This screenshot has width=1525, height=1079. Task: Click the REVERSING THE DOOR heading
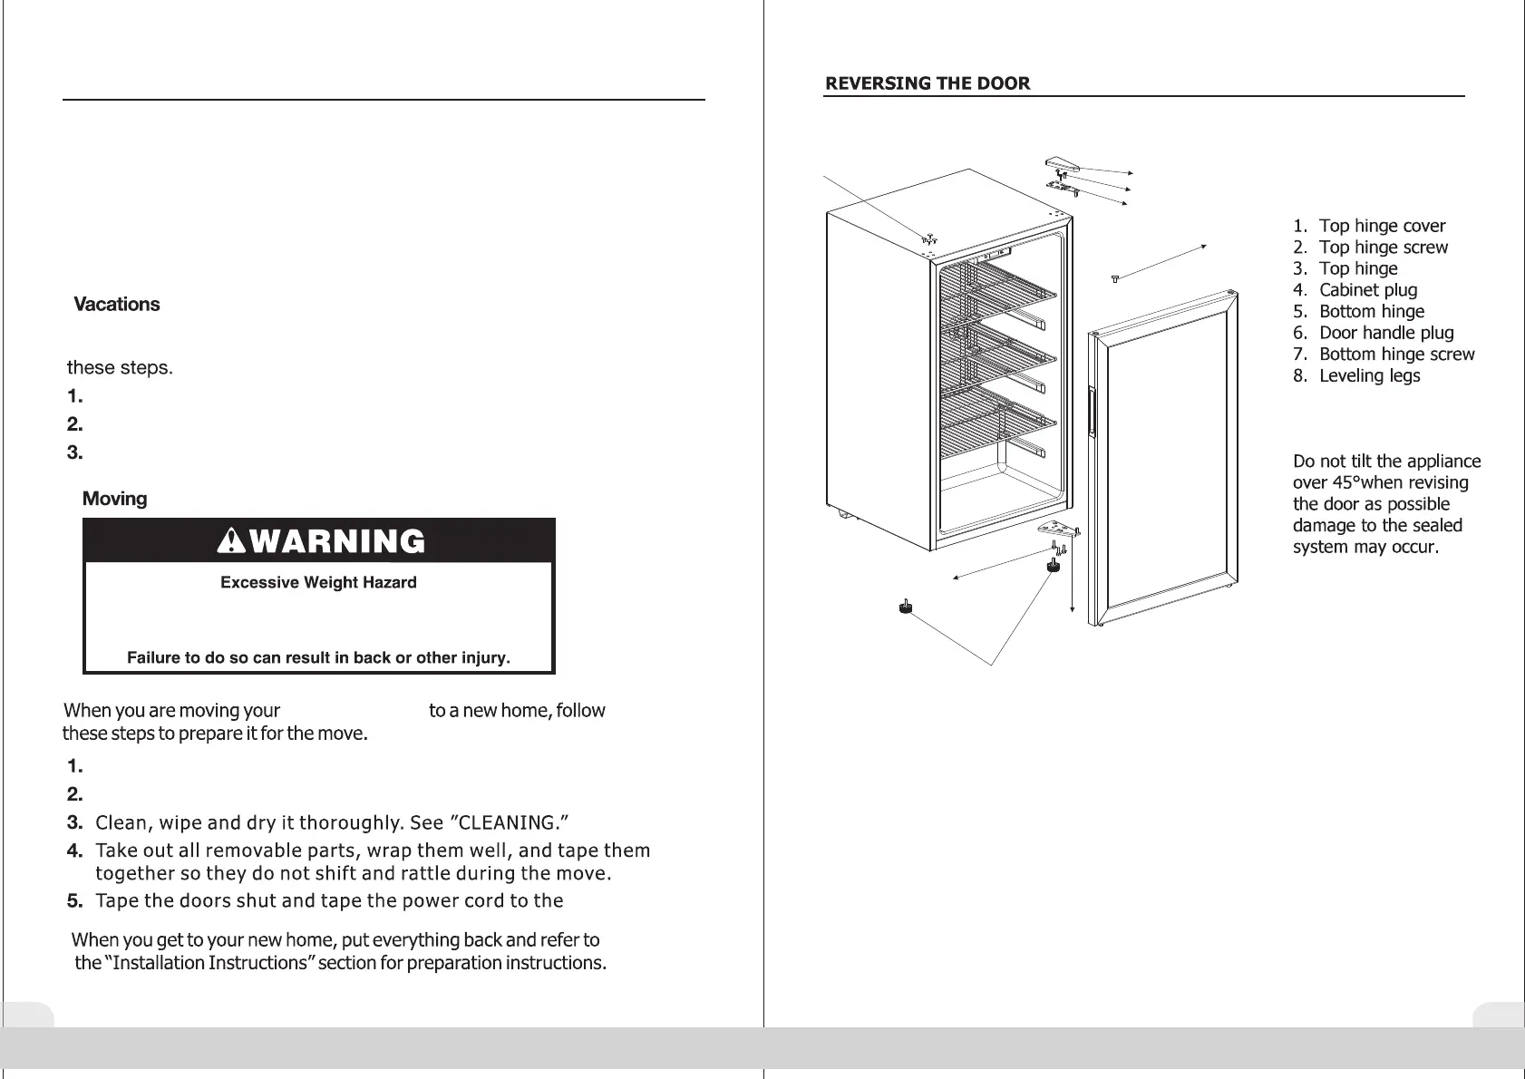[927, 83]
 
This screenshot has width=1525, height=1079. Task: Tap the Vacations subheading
[116, 305]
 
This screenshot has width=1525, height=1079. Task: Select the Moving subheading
[114, 499]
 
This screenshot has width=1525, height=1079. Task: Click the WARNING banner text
[321, 541]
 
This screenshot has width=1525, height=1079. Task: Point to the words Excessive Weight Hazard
[318, 582]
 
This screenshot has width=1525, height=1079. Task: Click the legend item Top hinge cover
[1382, 226]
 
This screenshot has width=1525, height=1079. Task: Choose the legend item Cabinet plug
[1367, 290]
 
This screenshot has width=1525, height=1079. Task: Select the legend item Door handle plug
[1385, 333]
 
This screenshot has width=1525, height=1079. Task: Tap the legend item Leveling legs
[1369, 375]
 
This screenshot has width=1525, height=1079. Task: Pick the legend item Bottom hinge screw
[1396, 355]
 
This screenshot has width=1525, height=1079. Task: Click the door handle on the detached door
[1093, 414]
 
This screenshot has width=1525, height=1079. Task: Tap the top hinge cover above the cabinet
[1062, 164]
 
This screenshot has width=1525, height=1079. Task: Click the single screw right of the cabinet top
[1115, 278]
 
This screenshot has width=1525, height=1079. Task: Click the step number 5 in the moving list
[75, 901]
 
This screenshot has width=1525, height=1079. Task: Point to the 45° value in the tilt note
[1354, 483]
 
